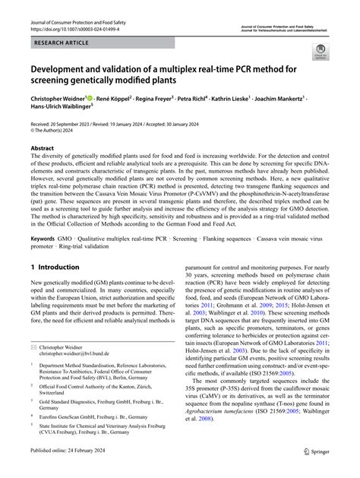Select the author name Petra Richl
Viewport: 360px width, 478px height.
coord(211,99)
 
